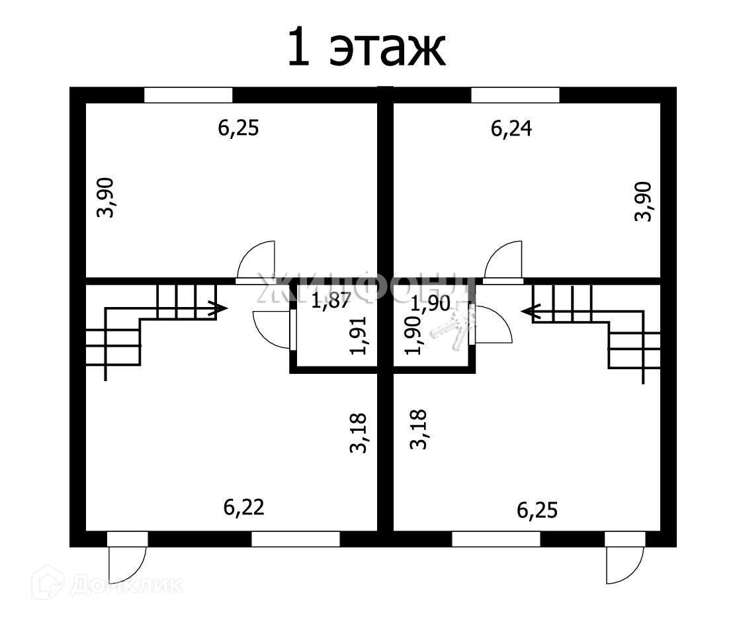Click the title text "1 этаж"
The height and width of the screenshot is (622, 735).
coord(367,48)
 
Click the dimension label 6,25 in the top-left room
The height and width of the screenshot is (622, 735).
coord(238,127)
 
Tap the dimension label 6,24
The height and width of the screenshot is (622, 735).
coord(511,128)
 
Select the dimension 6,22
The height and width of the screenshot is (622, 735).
coord(244,507)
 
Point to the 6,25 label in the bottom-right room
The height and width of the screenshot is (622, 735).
coord(537,510)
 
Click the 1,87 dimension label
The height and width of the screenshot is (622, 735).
coord(331,302)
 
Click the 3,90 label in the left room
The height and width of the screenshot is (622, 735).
coord(106,197)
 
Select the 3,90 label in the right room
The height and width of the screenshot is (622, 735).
coord(644,201)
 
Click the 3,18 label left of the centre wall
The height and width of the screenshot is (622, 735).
coord(357,433)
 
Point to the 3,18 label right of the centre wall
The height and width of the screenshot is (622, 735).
coord(417,430)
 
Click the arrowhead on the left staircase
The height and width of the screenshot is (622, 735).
coord(219,308)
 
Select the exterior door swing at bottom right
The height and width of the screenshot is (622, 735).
coord(623,566)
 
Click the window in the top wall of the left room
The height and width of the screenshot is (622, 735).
coord(189,95)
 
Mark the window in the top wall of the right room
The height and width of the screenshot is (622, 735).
coord(515,95)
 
